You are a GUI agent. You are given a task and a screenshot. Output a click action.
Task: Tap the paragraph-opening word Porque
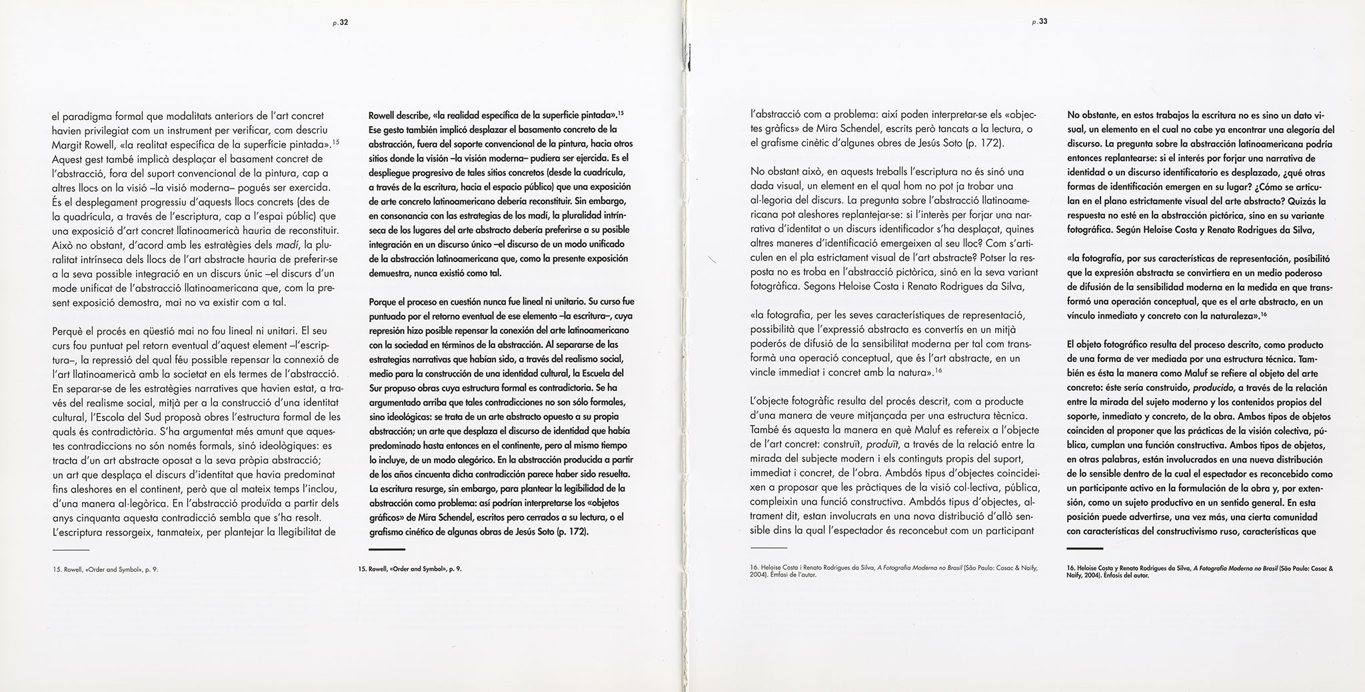(x=385, y=301)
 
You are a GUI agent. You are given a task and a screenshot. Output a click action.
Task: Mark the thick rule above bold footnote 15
(x=387, y=549)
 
